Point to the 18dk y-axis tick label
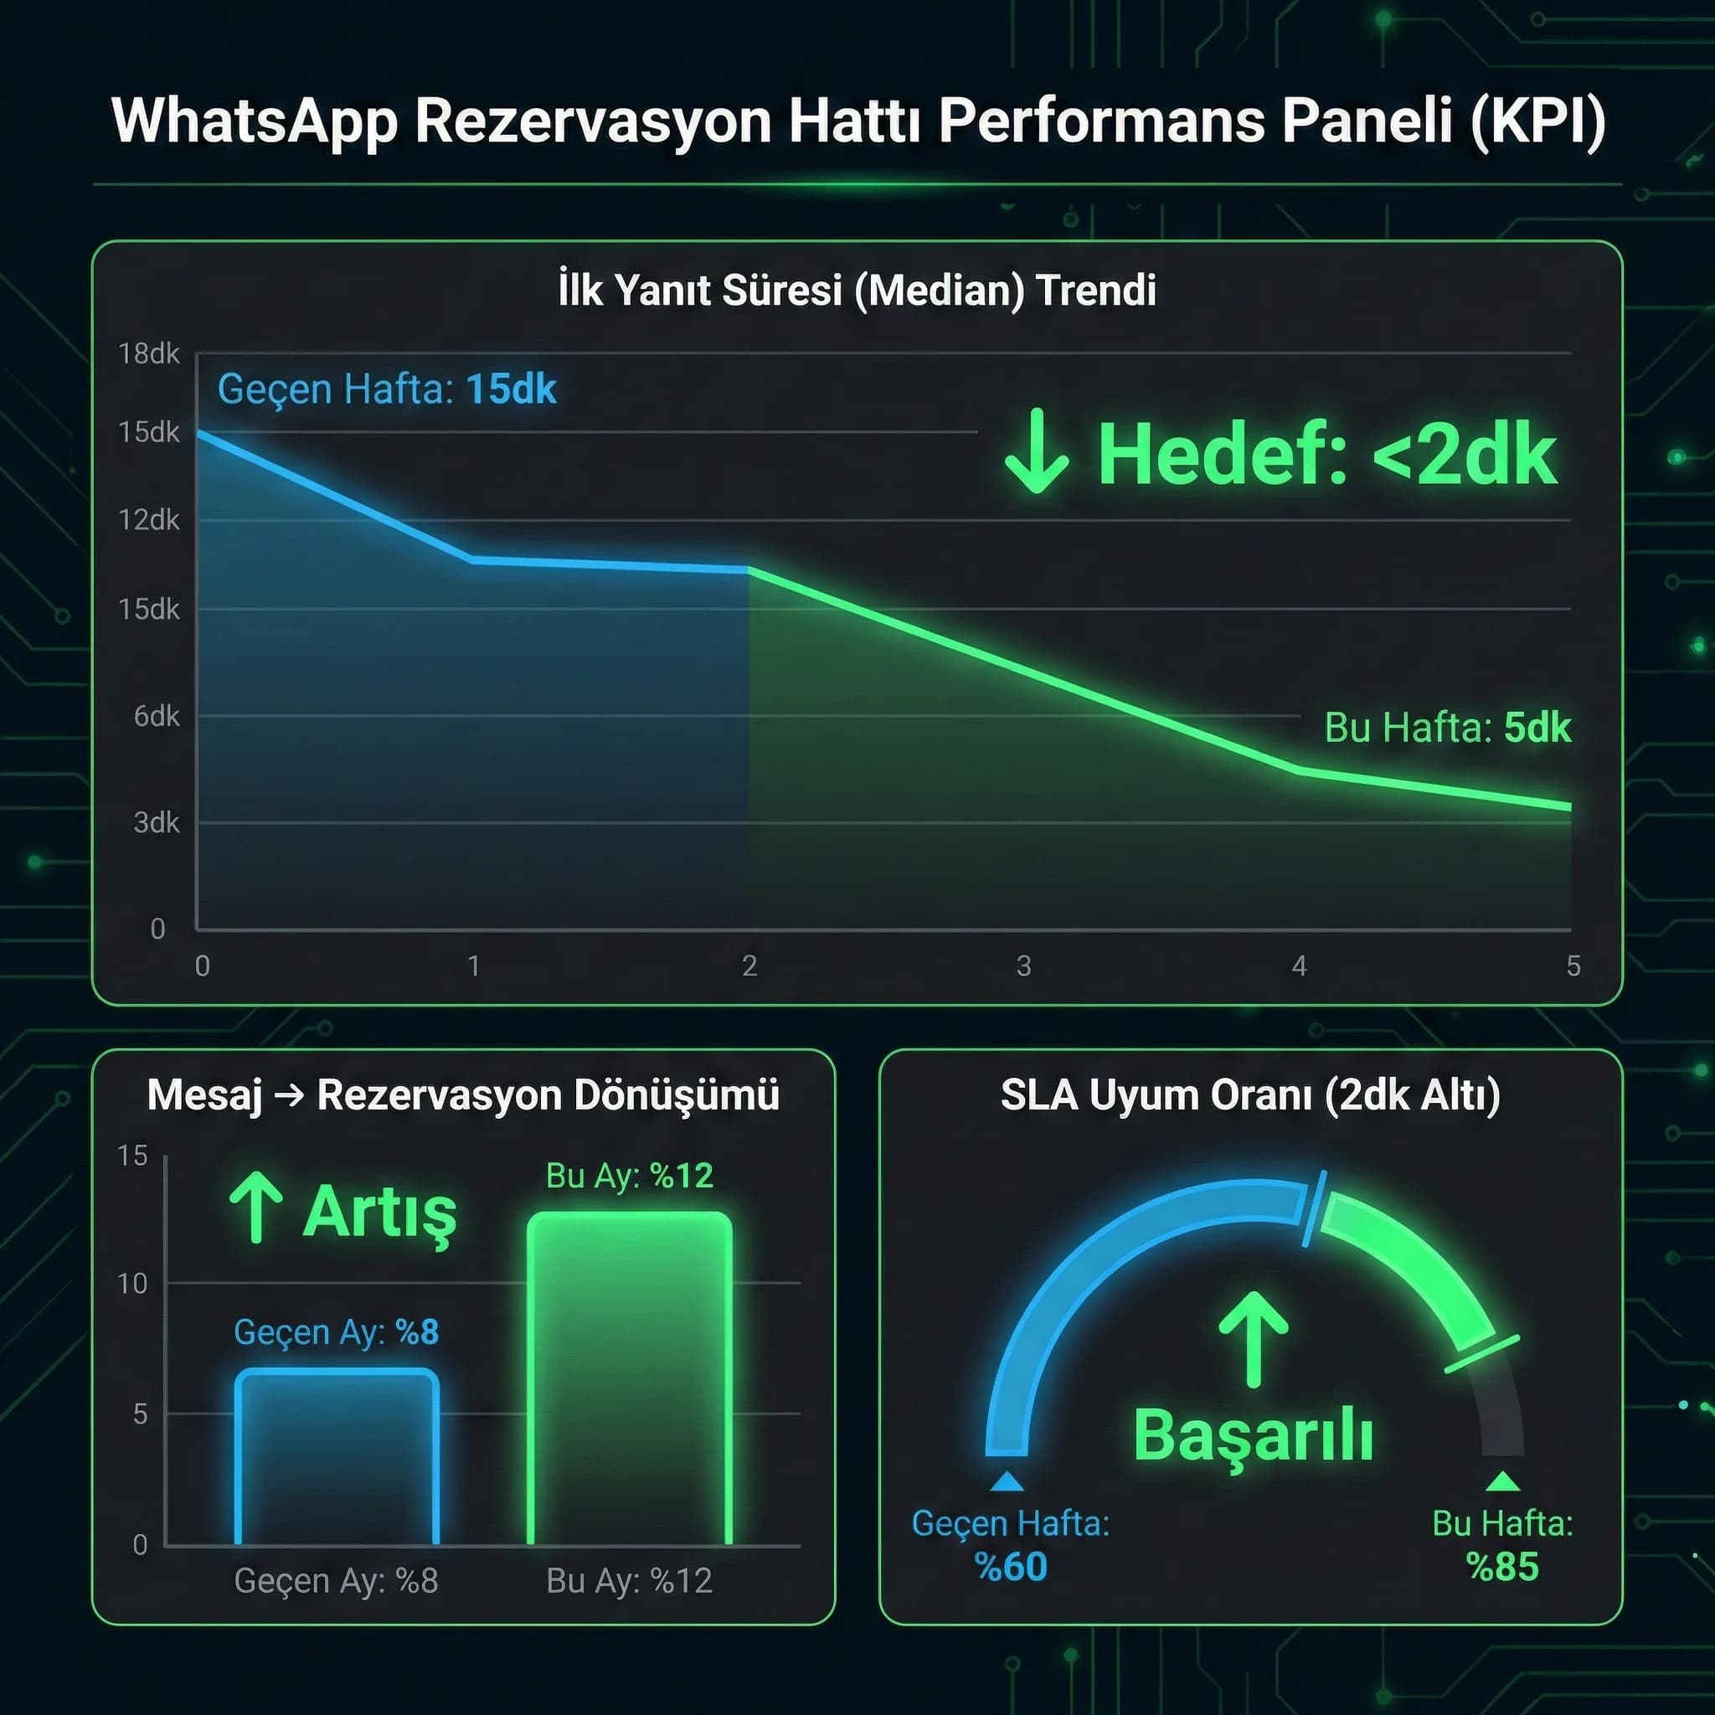coord(148,354)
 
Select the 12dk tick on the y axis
coord(148,520)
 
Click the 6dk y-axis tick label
coord(157,716)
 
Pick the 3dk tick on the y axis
coord(157,823)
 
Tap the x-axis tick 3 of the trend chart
coord(1023,966)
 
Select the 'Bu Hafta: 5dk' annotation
coord(1447,728)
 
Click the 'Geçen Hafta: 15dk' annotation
coord(387,389)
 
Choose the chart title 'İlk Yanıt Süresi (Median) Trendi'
coord(857,291)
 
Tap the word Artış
coord(380,1213)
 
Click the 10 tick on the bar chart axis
coord(132,1284)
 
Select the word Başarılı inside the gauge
coord(1254,1435)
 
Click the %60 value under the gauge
coord(1011,1568)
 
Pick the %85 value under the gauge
coord(1502,1568)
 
